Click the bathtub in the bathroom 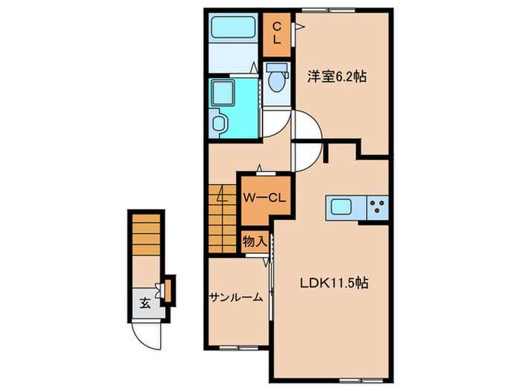click(231, 30)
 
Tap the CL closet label click(276, 34)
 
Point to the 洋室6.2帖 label click(337, 76)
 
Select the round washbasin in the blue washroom click(220, 122)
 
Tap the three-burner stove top click(377, 206)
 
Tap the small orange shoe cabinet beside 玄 click(169, 290)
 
